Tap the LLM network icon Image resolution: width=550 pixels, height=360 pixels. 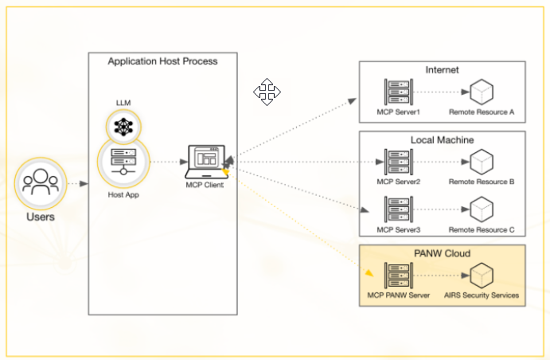tap(123, 125)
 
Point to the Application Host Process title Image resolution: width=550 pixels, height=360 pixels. tap(162, 61)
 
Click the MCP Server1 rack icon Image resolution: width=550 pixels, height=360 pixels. tap(396, 92)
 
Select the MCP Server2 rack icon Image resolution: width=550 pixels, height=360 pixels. tap(396, 162)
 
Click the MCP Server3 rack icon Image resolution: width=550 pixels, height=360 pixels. tap(396, 209)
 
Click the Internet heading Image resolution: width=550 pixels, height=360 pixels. tap(443, 70)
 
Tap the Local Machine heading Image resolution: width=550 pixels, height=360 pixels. tap(442, 140)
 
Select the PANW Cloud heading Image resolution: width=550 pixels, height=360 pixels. tap(442, 254)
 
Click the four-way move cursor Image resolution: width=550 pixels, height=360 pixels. tap(267, 92)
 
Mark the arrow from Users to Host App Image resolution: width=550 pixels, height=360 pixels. tap(77, 184)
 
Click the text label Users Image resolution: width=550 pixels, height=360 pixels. tap(39, 216)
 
